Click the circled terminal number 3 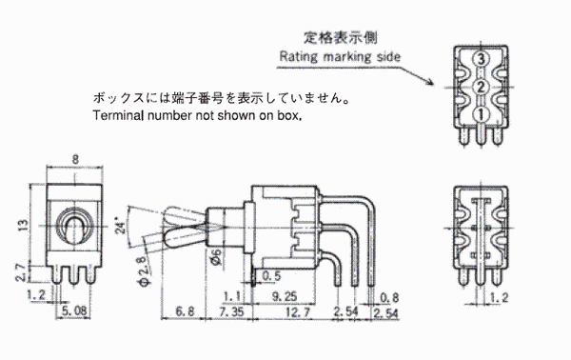pos(481,59)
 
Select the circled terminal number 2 pos(481,87)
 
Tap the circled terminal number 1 pos(481,115)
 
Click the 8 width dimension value pos(75,159)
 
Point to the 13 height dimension pos(23,225)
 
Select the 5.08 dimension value pos(74,310)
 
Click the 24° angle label pos(121,225)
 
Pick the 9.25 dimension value pos(284,296)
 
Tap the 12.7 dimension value pos(298,311)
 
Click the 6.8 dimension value pos(185,311)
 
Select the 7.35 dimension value pos(231,311)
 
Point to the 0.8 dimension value pos(389,297)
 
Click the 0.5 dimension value pos(271,276)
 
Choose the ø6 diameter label pos(216,257)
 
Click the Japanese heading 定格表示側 pos(341,37)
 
